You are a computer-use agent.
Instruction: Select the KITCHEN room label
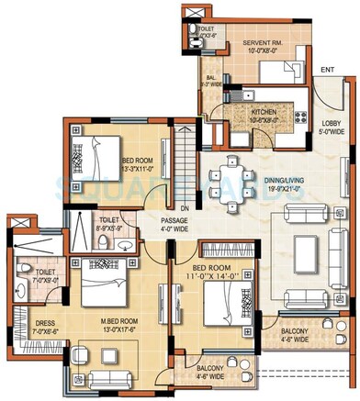[242, 115]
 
